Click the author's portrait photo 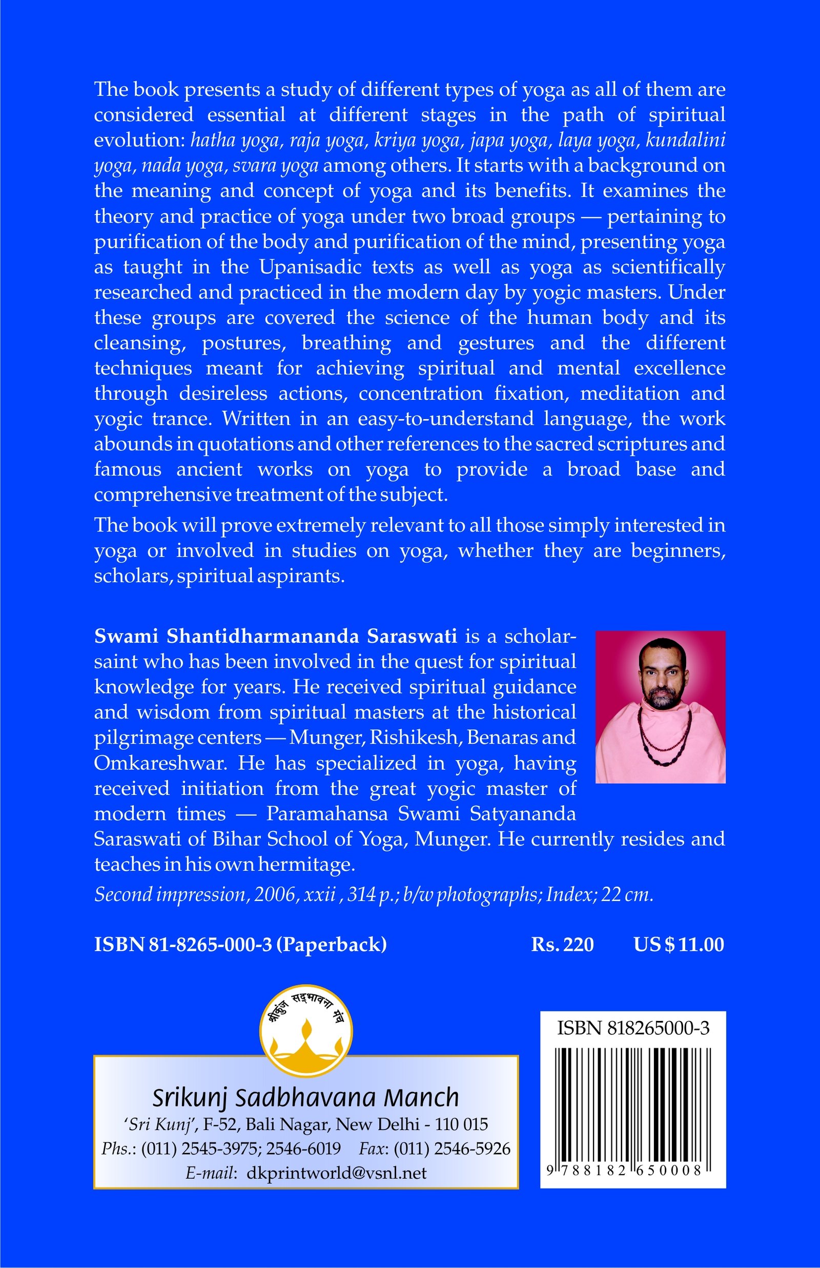click(x=660, y=706)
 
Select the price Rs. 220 click(x=562, y=944)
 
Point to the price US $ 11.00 click(x=679, y=944)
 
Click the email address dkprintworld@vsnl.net click(x=337, y=1173)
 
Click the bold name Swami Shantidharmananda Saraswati click(x=275, y=636)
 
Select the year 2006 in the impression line click(x=274, y=895)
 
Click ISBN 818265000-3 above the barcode click(x=632, y=1028)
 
